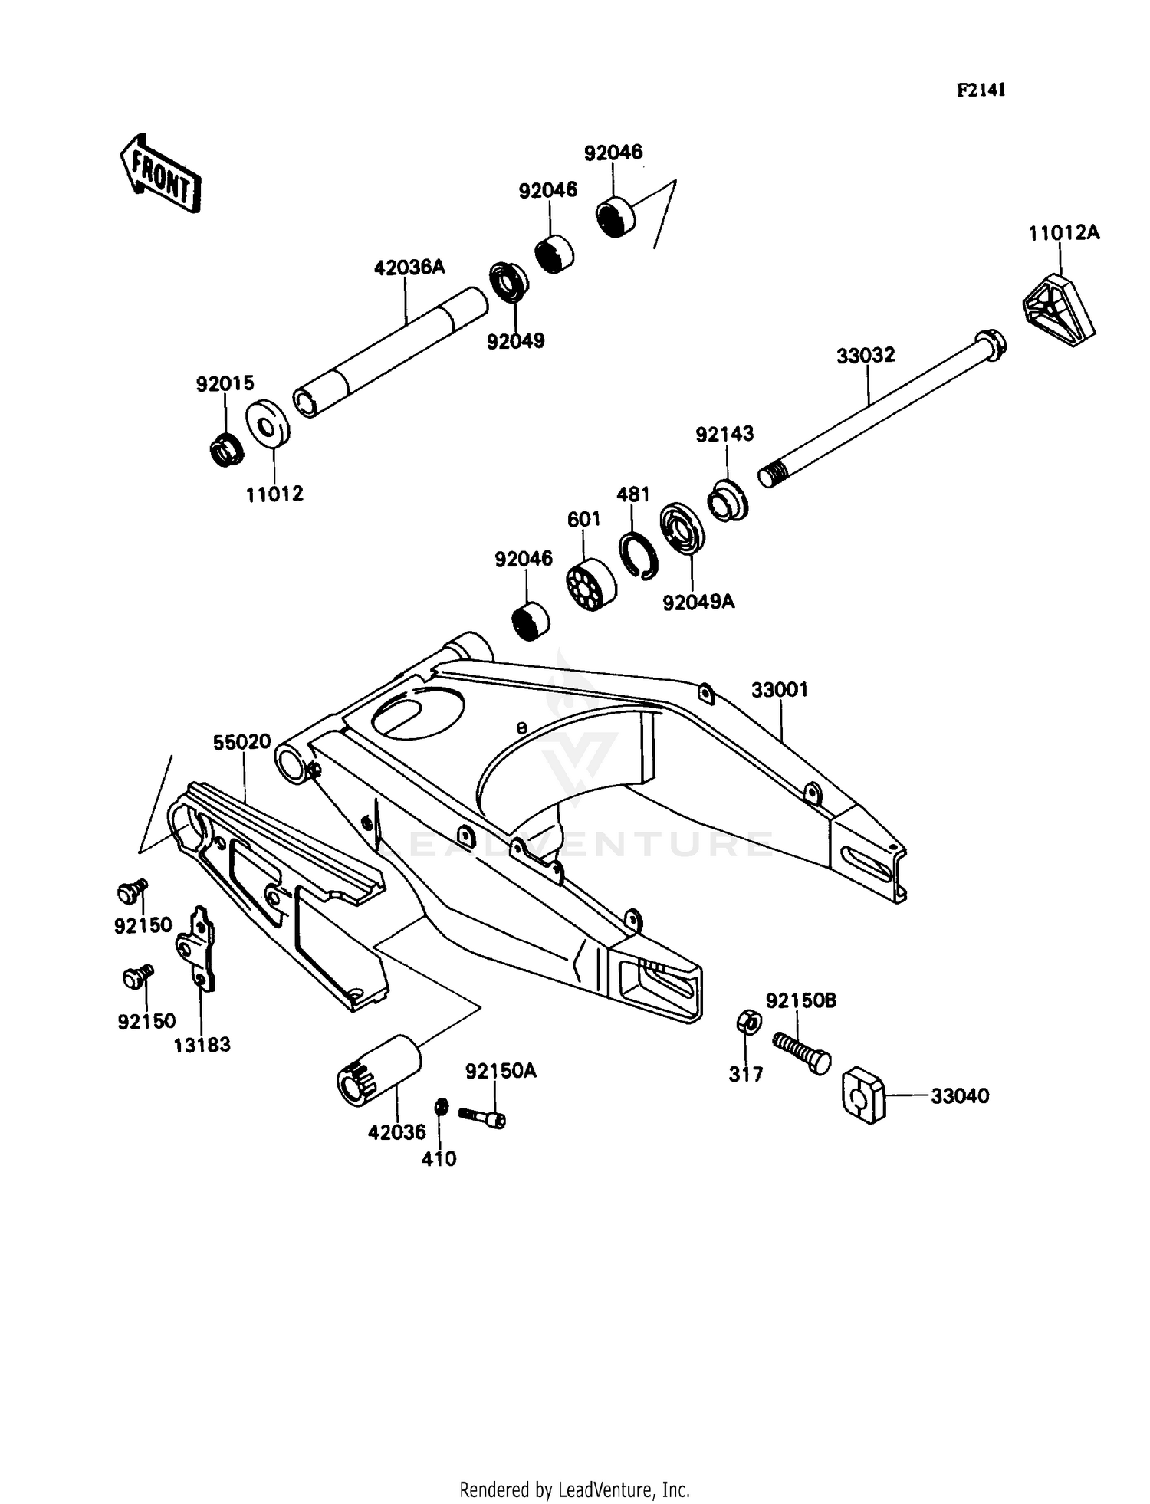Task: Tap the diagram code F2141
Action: (981, 90)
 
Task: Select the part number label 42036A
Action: (409, 268)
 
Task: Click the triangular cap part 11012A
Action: (1059, 312)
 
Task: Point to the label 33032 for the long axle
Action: (866, 356)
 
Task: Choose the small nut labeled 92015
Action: (227, 450)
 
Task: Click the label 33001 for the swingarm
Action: (779, 690)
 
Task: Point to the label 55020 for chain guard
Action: (242, 742)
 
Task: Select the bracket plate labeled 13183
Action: (198, 949)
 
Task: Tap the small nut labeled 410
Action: (441, 1107)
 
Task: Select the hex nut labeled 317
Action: (748, 1022)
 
